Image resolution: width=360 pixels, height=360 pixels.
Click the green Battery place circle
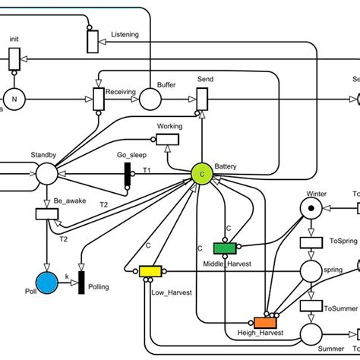pyautogui.click(x=202, y=175)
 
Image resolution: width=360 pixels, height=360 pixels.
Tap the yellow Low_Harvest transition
pyautogui.click(x=150, y=271)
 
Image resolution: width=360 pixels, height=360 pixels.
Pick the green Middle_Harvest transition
pyautogui.click(x=225, y=248)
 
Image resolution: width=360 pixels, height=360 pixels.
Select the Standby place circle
pyautogui.click(x=48, y=175)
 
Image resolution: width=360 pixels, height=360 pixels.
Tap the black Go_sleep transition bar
pyautogui.click(x=128, y=175)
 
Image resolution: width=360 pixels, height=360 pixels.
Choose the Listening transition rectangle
pyautogui.click(x=92, y=41)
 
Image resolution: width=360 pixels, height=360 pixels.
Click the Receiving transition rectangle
pyautogui.click(x=97, y=98)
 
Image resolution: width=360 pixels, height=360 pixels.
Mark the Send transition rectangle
pyautogui.click(x=202, y=98)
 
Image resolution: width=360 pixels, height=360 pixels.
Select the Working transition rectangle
pyautogui.click(x=166, y=138)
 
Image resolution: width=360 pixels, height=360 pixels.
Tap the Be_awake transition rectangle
pyautogui.click(x=47, y=214)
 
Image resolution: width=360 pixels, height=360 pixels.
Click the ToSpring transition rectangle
pyautogui.click(x=311, y=242)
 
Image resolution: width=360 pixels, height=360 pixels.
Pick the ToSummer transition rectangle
pyautogui.click(x=311, y=305)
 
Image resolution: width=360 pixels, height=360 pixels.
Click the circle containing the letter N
pyautogui.click(x=13, y=97)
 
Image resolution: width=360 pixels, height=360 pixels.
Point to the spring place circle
pyautogui.click(x=311, y=270)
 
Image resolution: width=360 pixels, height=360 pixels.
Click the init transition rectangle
pyautogui.click(x=14, y=58)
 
